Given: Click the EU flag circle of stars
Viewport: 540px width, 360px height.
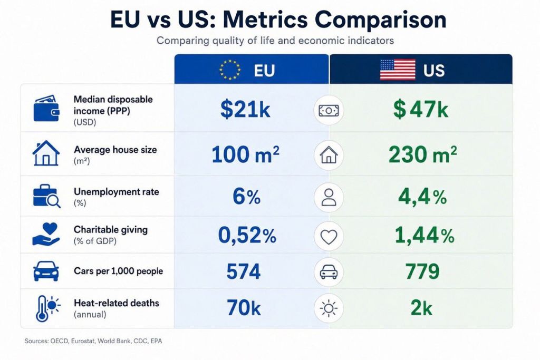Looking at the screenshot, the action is [230, 70].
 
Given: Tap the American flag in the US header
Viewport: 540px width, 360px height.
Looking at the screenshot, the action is [398, 70].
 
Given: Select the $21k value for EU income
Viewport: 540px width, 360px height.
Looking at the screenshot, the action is [245, 109].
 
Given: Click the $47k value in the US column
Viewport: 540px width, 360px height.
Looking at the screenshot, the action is [421, 109].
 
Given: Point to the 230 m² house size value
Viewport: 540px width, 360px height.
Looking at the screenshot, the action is [423, 154].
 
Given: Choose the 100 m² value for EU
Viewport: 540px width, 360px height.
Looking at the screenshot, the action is [245, 154].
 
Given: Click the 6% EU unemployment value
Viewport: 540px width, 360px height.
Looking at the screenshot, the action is [247, 197].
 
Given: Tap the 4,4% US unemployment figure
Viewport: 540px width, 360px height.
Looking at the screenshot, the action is [422, 197].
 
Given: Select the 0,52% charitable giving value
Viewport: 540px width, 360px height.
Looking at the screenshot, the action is [247, 236].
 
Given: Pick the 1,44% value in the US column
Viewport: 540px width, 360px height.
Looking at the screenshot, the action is [425, 236].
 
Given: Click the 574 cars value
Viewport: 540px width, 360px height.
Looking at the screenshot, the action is [244, 271].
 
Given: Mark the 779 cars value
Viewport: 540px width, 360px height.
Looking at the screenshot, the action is [422, 271].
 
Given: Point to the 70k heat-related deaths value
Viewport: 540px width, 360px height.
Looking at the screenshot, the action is [244, 308].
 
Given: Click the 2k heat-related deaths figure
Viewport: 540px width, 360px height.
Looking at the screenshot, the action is [421, 308].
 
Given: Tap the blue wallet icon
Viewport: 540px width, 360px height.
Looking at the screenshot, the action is [46, 108].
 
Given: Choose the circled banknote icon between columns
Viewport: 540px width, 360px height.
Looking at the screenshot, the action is [329, 111].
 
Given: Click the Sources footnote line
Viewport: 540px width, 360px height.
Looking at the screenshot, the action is [93, 341].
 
